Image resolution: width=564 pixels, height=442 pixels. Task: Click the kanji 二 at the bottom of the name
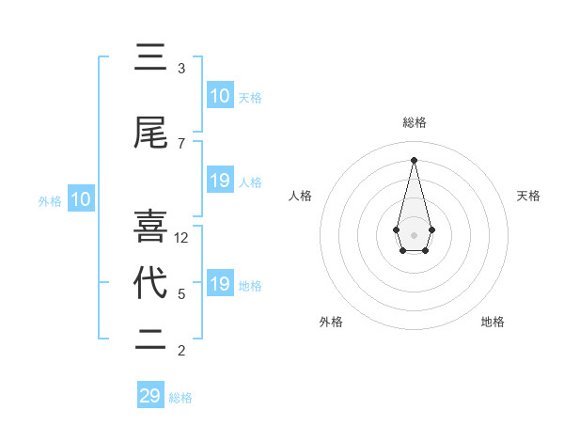point(150,340)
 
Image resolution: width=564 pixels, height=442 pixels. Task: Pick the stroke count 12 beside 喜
point(182,238)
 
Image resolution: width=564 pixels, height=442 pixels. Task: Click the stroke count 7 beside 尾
point(181,144)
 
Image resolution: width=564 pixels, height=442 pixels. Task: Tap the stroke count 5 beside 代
point(181,294)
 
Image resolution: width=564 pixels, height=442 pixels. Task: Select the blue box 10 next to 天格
point(220,96)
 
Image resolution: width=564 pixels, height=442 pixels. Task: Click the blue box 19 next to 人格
point(220,181)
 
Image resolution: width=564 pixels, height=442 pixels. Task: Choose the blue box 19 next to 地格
point(220,284)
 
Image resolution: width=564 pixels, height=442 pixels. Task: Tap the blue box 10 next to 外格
point(81,199)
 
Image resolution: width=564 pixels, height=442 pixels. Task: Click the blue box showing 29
point(150,396)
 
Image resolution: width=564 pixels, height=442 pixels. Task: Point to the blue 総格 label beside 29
point(181,398)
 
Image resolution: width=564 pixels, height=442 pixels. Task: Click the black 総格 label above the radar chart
point(414,122)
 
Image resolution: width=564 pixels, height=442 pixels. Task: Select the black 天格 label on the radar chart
point(529,196)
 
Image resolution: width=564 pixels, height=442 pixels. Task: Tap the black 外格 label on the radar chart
point(331,322)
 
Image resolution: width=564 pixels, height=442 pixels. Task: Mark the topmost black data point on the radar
point(414,159)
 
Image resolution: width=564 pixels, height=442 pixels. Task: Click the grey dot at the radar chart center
point(414,234)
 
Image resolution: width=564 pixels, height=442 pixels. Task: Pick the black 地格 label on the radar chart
point(493,322)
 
